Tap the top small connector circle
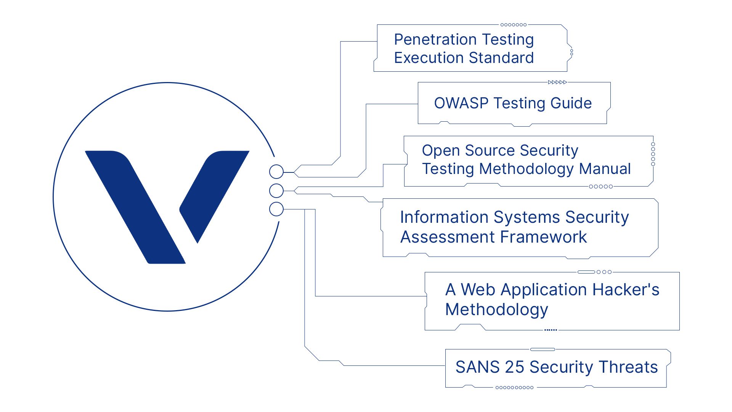coord(276,172)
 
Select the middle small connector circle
coord(276,190)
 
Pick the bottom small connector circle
coord(276,209)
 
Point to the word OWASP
coord(461,103)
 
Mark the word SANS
coord(477,367)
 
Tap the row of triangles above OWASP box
coord(557,82)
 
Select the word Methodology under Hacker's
coord(496,309)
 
